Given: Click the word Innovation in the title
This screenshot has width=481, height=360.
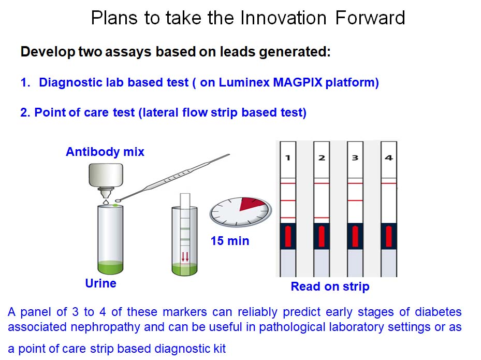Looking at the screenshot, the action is (283, 18).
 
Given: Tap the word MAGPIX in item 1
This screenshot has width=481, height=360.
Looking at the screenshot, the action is (298, 82).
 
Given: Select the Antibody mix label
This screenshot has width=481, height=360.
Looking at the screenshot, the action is (105, 152).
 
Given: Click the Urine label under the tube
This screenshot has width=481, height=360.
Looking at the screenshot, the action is (100, 283).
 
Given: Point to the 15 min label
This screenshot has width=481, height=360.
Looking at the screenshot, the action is (230, 241).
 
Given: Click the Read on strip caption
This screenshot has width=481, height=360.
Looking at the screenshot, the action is (330, 286).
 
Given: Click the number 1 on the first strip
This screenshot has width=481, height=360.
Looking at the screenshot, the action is (288, 158).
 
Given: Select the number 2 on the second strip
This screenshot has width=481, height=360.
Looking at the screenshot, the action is (322, 158).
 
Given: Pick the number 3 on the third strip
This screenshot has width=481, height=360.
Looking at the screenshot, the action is (355, 158).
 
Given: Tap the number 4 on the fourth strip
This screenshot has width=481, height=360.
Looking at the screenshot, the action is (389, 158).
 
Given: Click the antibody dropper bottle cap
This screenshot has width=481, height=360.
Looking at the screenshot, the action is (106, 175).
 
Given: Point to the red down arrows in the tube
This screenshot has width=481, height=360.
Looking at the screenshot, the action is (185, 256).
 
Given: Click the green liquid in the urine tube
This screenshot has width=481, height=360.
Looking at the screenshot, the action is (110, 266).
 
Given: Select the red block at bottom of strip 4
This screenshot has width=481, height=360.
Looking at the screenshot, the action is (389, 236).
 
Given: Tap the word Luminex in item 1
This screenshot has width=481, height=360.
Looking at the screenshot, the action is (244, 82).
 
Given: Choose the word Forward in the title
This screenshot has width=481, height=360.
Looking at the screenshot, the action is (370, 18).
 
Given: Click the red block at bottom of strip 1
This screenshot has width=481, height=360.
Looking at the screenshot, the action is (288, 236).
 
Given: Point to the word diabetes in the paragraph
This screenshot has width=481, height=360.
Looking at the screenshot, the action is (438, 312).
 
